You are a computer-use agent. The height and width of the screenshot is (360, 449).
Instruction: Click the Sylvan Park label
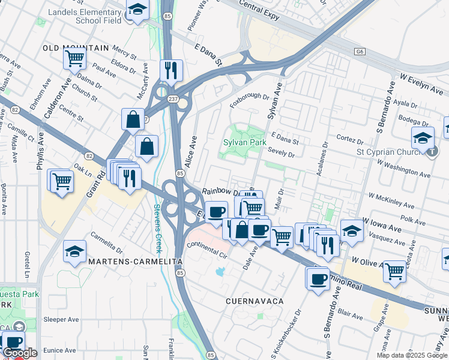pyautogui.click(x=244, y=143)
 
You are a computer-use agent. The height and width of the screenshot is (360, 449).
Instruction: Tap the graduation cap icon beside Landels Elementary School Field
pyautogui.click(x=137, y=10)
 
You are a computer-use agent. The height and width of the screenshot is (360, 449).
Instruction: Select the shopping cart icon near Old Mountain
pyautogui.click(x=75, y=59)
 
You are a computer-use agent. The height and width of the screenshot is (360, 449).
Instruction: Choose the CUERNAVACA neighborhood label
pyautogui.click(x=253, y=299)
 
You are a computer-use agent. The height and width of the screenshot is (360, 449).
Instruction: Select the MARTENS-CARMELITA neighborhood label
pyautogui.click(x=134, y=262)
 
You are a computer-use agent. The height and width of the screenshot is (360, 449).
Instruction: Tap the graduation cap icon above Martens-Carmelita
pyautogui.click(x=74, y=252)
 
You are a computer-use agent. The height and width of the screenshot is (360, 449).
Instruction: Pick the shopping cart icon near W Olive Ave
pyautogui.click(x=394, y=271)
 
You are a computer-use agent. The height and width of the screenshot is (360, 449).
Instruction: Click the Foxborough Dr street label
pyautogui.click(x=253, y=100)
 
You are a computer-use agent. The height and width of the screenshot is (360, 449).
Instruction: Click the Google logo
pyautogui.click(x=19, y=353)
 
